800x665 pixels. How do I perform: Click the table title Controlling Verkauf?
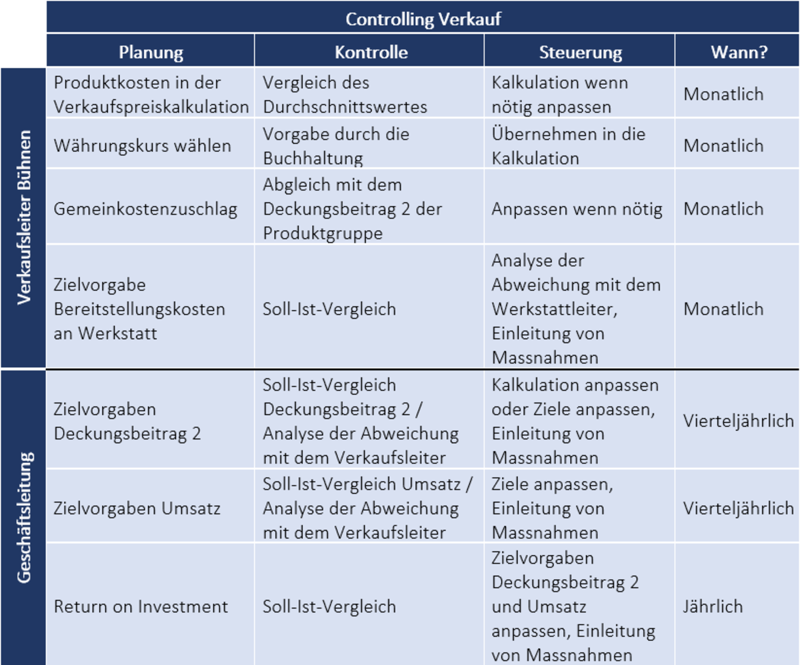[x=423, y=18]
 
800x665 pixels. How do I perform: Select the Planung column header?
[x=151, y=52]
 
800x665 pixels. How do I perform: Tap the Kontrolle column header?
[x=371, y=52]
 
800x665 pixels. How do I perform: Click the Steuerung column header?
[x=580, y=52]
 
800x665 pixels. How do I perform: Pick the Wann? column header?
[x=738, y=52]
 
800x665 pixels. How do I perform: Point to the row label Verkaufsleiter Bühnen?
[x=24, y=217]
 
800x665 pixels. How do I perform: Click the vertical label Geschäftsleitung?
[x=24, y=518]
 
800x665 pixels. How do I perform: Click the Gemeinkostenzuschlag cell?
[x=146, y=209]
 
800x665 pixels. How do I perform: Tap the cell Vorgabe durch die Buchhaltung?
[x=337, y=145]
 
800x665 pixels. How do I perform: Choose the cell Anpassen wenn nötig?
[x=577, y=209]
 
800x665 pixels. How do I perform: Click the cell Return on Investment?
[x=141, y=607]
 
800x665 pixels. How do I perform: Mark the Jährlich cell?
[x=713, y=607]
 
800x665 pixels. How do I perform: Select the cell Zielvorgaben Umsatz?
[x=137, y=508]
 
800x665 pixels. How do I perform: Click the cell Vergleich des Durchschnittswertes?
[x=345, y=95]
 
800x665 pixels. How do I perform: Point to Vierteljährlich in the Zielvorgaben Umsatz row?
[x=738, y=508]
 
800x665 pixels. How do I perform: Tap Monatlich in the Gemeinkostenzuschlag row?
[x=723, y=209]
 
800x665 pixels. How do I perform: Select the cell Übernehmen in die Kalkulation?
[x=568, y=145]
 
